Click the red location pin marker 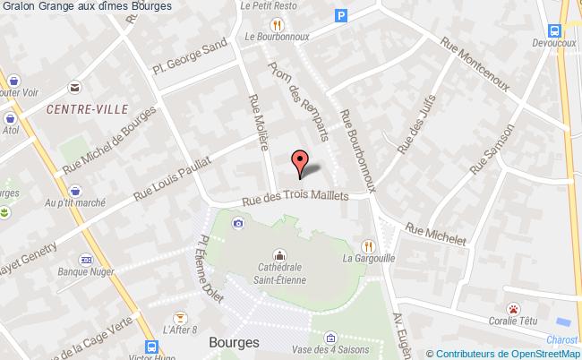click(300, 161)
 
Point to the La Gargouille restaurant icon click(367, 244)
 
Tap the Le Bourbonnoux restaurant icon click(278, 24)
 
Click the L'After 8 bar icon click(178, 317)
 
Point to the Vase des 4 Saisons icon click(330, 338)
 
